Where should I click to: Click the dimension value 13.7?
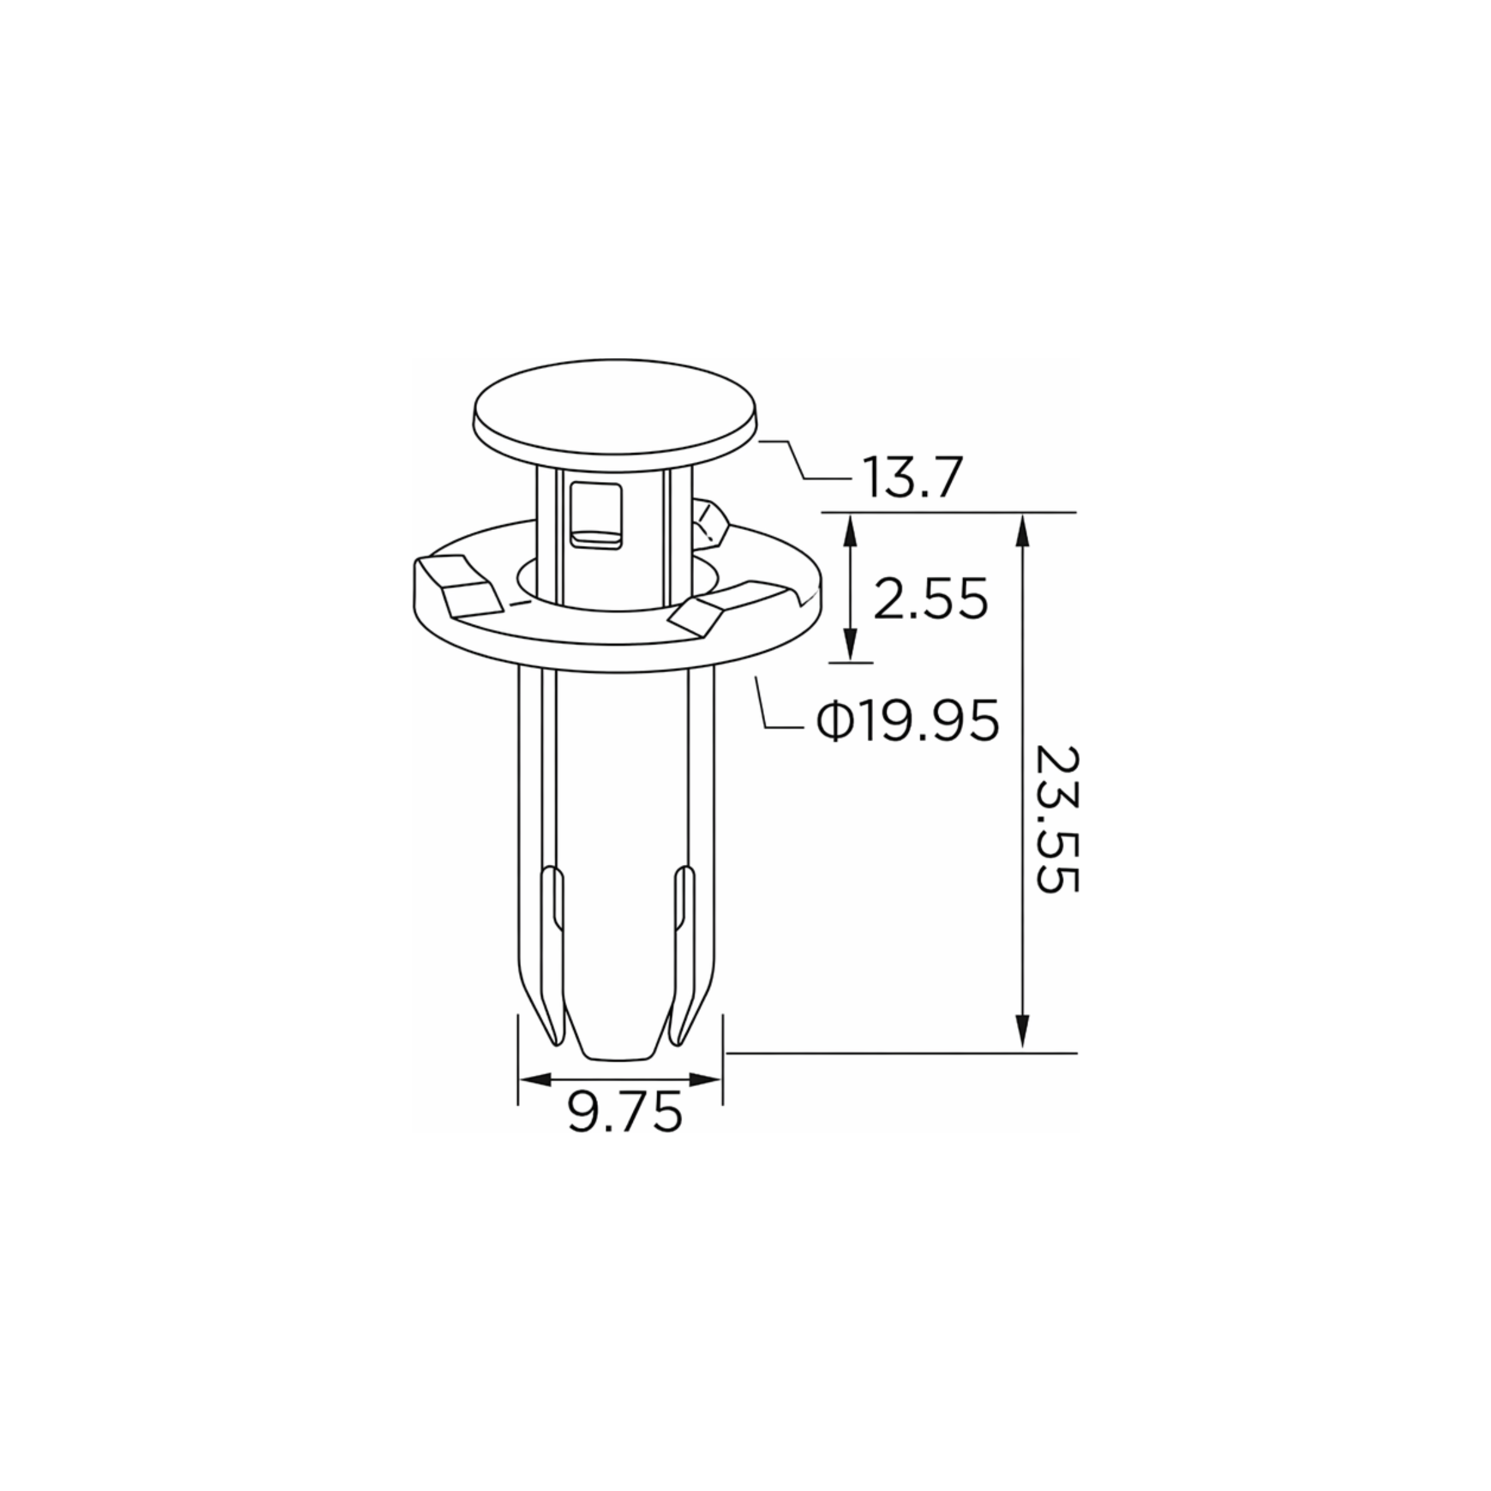pos(913,478)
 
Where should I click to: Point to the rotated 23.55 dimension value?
pos(1056,819)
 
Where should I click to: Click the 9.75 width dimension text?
pos(625,1112)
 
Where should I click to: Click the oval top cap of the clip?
pos(614,414)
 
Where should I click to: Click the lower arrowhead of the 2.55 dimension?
pos(850,644)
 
